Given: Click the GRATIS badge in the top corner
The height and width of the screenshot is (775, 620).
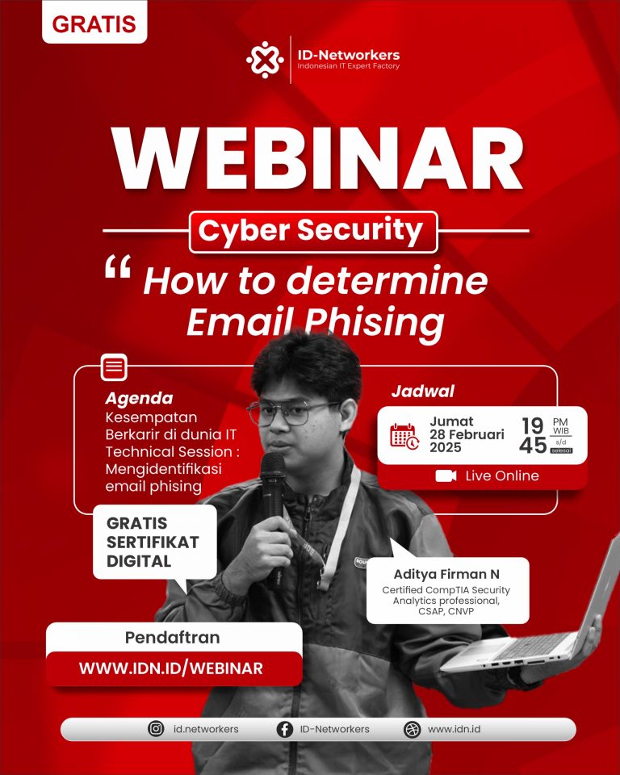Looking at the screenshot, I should (94, 24).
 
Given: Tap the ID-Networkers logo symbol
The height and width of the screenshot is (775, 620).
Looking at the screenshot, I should (266, 59).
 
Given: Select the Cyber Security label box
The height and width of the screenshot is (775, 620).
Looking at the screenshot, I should (312, 232).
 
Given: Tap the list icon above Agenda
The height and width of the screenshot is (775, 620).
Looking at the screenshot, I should (114, 368).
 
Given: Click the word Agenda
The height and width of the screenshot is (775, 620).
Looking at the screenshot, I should (139, 398).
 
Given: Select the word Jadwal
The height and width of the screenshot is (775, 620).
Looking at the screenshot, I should (422, 392).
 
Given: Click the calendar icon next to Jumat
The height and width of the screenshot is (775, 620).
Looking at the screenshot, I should (404, 435).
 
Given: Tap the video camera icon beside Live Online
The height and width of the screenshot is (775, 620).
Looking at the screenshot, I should (446, 475).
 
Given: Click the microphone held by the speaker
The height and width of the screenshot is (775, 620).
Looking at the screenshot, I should (273, 476).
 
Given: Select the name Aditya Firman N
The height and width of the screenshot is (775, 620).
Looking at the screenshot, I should (446, 575).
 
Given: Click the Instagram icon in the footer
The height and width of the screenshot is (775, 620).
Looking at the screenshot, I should (156, 729).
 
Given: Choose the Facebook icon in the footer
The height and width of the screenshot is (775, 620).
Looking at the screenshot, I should (284, 729).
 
